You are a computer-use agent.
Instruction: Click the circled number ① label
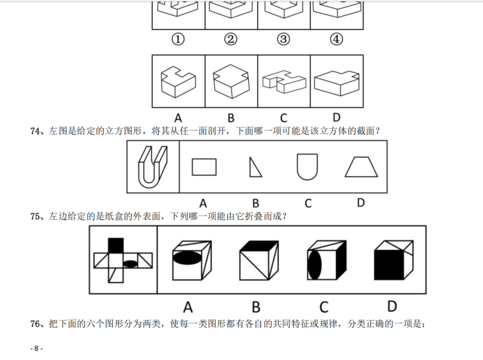tap(178, 39)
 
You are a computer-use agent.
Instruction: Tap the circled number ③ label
tap(284, 39)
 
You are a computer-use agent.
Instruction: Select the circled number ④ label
tap(336, 39)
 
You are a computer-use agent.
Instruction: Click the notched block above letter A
tap(179, 81)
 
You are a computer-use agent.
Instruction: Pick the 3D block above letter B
tap(231, 81)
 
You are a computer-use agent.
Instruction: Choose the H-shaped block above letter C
tap(283, 82)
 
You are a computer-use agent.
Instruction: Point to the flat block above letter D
tap(336, 82)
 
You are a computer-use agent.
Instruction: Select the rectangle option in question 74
tap(204, 167)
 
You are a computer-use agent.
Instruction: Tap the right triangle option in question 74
tap(255, 167)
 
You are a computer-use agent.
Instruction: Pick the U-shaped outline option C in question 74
tap(307, 167)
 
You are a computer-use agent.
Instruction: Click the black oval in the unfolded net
tap(130, 263)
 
